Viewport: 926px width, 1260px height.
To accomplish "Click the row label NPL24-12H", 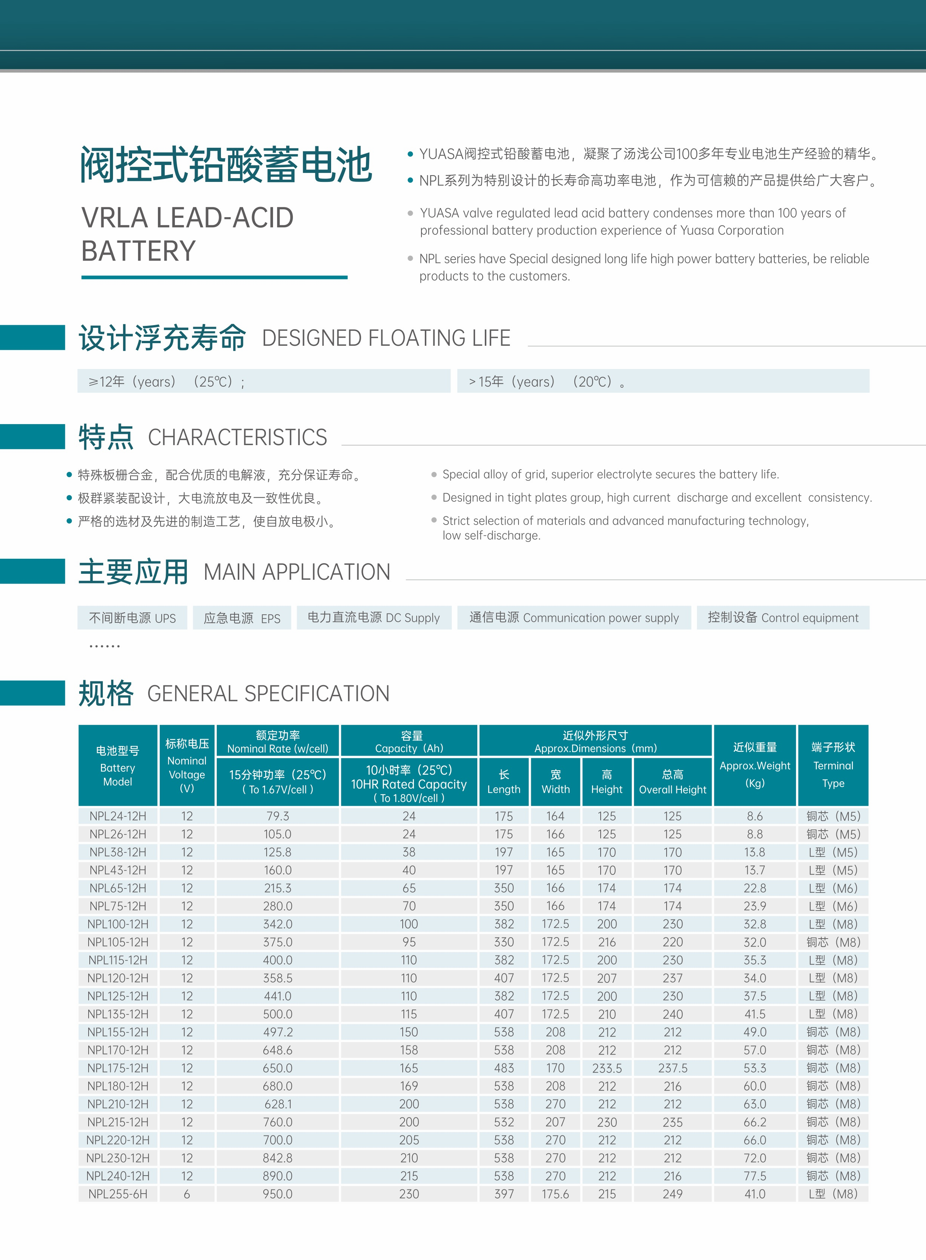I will coord(118,816).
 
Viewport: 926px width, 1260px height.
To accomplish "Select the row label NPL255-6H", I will coord(118,1194).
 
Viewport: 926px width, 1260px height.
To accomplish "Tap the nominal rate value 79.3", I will coord(277,816).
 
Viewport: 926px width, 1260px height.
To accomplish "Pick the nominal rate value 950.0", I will coord(277,1194).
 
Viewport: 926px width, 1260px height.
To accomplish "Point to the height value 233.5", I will coord(607,1068).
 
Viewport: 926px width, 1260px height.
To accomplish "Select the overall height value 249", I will coord(672,1194).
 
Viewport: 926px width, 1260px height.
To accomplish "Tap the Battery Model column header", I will coord(118,766).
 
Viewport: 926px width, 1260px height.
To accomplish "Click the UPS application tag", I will coord(132,618).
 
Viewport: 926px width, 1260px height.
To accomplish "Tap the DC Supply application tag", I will coord(374,618).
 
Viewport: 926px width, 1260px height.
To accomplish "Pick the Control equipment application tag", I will coord(782,618).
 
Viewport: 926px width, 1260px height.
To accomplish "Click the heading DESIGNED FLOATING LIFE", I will coord(386,338).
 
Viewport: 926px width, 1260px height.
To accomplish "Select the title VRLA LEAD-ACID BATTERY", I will coord(187,234).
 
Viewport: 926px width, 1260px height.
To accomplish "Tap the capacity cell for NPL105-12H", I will coord(409,942).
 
